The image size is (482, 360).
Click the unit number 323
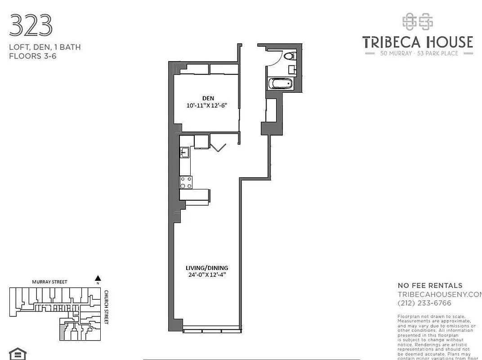[x=31, y=25]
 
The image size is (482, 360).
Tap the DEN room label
[x=208, y=98]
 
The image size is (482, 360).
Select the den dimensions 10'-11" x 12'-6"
[x=208, y=106]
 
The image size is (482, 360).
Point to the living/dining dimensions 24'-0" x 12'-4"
[x=207, y=275]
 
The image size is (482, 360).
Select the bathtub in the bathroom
[x=280, y=84]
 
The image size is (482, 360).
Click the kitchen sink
[x=184, y=153]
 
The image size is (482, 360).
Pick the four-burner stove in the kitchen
[x=186, y=182]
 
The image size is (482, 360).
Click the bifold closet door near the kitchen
[x=218, y=148]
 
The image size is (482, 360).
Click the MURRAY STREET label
[x=49, y=282]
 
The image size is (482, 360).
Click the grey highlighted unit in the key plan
[x=62, y=333]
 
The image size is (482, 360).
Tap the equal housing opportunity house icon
[x=18, y=353]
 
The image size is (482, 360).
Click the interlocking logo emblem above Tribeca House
[x=417, y=22]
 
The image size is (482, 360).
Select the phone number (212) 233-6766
[x=424, y=303]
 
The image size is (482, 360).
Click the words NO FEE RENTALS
[x=430, y=285]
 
